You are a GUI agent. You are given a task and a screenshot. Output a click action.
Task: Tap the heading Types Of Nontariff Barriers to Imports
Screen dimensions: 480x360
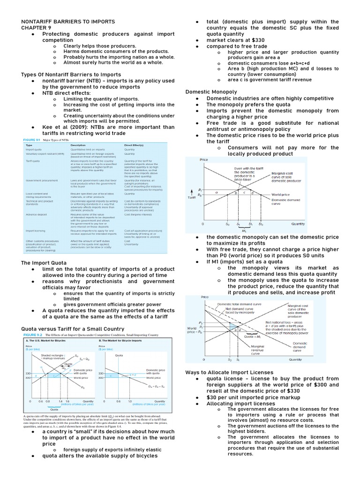pos(71,75)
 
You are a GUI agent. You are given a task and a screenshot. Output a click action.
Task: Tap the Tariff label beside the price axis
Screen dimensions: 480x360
pos(192,197)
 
